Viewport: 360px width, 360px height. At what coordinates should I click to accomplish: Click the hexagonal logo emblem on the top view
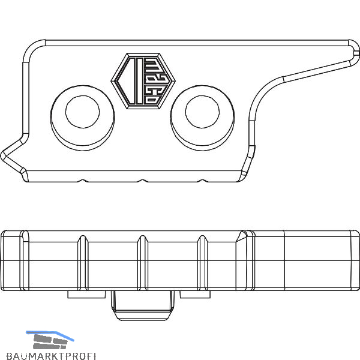tap(143, 81)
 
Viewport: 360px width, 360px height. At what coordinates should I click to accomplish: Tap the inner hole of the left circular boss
tap(83, 112)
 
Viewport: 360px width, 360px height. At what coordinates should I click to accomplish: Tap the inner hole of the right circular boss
tap(202, 112)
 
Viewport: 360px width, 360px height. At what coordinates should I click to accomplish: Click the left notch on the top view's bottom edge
tap(83, 181)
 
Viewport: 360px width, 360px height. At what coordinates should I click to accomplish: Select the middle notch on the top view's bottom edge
tap(143, 181)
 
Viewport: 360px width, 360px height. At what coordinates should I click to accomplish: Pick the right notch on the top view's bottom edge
tap(202, 181)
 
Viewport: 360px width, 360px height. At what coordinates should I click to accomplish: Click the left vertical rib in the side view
tap(83, 263)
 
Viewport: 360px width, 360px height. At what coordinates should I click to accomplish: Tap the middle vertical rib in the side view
tap(143, 263)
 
